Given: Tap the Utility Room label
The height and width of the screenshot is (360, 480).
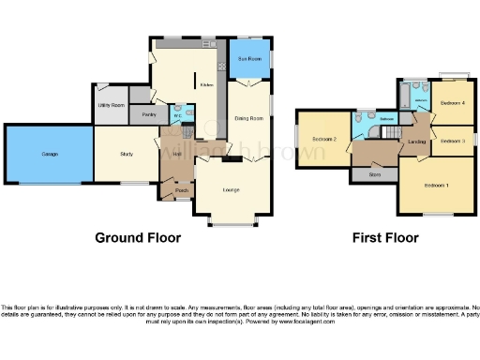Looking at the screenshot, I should [112, 105].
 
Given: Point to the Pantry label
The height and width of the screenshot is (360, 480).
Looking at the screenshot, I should [147, 115].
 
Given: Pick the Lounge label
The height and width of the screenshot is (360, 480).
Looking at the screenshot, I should [231, 190].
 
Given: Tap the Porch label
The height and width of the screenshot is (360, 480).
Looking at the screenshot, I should [180, 190].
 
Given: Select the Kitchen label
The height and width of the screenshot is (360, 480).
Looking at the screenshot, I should [206, 83].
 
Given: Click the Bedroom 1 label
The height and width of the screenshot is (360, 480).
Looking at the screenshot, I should [436, 186].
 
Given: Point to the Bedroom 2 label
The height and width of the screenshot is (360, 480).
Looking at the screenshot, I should [324, 139].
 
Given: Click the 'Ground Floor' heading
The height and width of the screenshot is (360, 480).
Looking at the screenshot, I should [138, 238].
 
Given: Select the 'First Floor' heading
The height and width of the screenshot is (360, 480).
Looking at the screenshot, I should [384, 238].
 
